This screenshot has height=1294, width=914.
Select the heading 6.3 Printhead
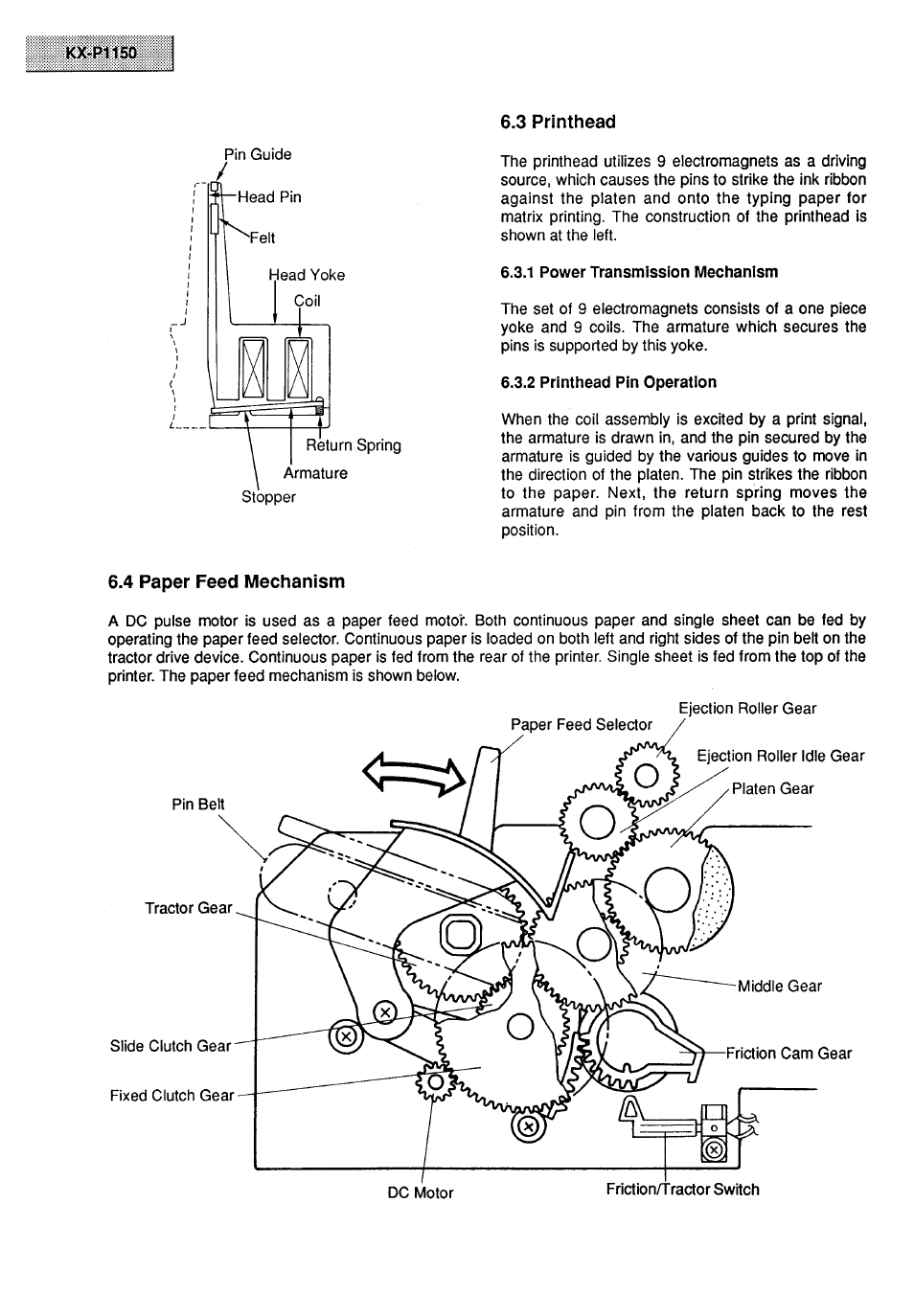(558, 122)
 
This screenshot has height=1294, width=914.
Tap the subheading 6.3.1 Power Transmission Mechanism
(639, 272)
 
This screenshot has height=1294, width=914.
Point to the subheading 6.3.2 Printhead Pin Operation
(608, 382)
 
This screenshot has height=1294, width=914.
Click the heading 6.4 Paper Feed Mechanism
(226, 581)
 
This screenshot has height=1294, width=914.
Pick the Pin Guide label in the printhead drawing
(258, 154)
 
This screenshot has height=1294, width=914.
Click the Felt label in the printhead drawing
(262, 238)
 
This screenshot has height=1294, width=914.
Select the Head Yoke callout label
(307, 275)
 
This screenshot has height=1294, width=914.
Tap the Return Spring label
(354, 445)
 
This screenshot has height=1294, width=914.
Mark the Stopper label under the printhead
(268, 497)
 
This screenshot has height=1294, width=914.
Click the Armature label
(315, 473)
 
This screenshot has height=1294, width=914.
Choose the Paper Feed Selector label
(581, 725)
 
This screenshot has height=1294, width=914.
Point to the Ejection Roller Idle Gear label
(780, 756)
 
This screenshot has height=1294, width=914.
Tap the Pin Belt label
(198, 805)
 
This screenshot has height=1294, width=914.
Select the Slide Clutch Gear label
(171, 1046)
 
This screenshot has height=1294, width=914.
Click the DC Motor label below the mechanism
(421, 1193)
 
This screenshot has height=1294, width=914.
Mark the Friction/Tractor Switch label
(682, 1190)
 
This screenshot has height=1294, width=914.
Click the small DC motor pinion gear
(433, 1082)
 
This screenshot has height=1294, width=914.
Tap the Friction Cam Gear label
(788, 1054)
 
